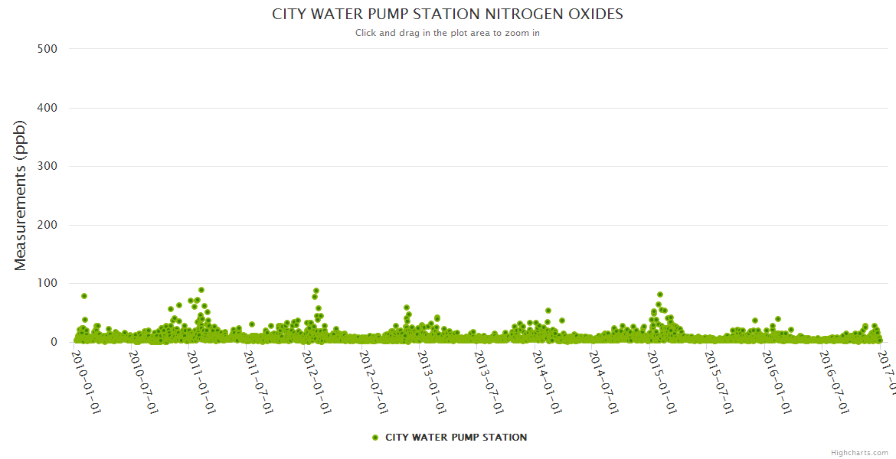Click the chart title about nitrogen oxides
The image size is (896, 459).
(447, 15)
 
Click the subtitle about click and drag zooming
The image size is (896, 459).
(447, 33)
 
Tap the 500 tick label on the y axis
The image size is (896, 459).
(47, 49)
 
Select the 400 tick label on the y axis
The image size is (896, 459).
(47, 108)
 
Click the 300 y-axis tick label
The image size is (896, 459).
(47, 166)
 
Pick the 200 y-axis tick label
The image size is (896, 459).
(47, 225)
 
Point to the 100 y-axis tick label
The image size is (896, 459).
(47, 284)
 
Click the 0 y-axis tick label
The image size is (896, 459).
(54, 342)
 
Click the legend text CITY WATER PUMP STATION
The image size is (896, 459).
(456, 438)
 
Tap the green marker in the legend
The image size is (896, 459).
(375, 438)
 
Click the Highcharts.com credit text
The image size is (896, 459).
(859, 453)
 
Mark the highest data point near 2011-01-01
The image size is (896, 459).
(201, 290)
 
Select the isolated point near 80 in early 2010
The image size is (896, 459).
(84, 296)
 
